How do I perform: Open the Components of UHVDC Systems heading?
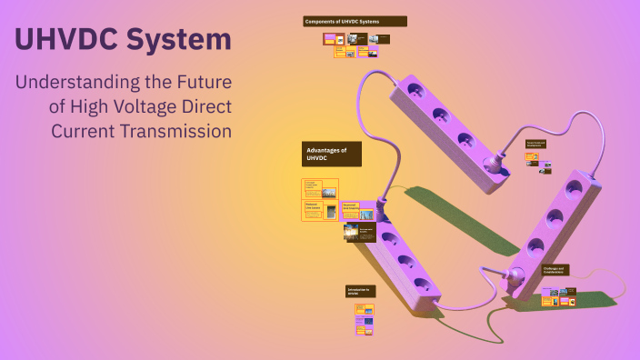click(x=355, y=21)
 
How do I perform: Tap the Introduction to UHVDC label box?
click(x=360, y=291)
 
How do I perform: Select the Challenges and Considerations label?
click(x=555, y=271)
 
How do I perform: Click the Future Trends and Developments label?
click(x=535, y=144)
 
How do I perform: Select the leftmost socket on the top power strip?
click(x=415, y=91)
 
